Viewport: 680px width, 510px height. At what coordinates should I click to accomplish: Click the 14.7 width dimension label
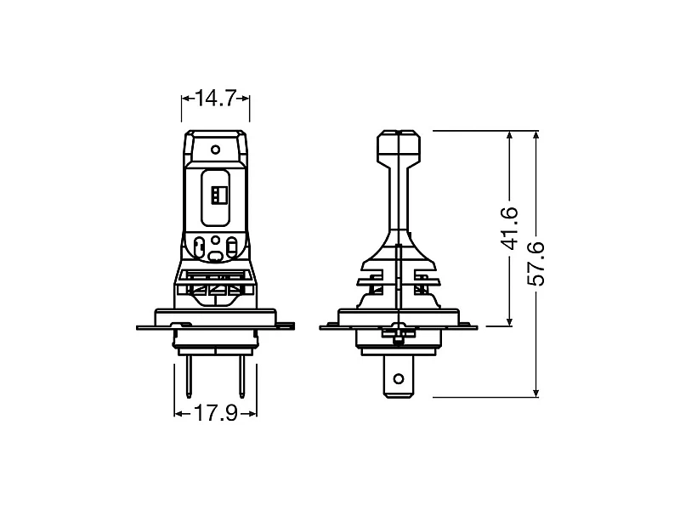pos(215,99)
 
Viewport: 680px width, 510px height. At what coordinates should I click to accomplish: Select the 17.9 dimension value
pos(215,413)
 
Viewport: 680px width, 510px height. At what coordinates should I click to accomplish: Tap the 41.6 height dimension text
pos(510,228)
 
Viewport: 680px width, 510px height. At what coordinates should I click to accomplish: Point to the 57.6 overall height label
pos(536,264)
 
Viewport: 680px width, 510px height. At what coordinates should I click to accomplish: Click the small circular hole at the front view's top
pos(216,150)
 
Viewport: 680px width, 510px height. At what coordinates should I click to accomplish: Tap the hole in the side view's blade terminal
pos(398,375)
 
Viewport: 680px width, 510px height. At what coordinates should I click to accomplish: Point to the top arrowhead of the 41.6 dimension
pos(510,136)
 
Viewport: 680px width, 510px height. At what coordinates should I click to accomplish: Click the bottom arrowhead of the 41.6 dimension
pos(510,320)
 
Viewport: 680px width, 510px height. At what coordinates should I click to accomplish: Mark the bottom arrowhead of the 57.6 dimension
pos(536,392)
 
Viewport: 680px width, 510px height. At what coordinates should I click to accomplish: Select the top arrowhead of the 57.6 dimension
pos(536,136)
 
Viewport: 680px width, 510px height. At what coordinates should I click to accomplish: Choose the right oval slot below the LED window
pos(231,249)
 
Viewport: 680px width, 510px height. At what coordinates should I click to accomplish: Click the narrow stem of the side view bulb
pos(398,195)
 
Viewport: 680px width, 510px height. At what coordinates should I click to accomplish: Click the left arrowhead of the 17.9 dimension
pos(178,413)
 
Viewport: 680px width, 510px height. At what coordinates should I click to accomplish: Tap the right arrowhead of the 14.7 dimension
pos(246,99)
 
